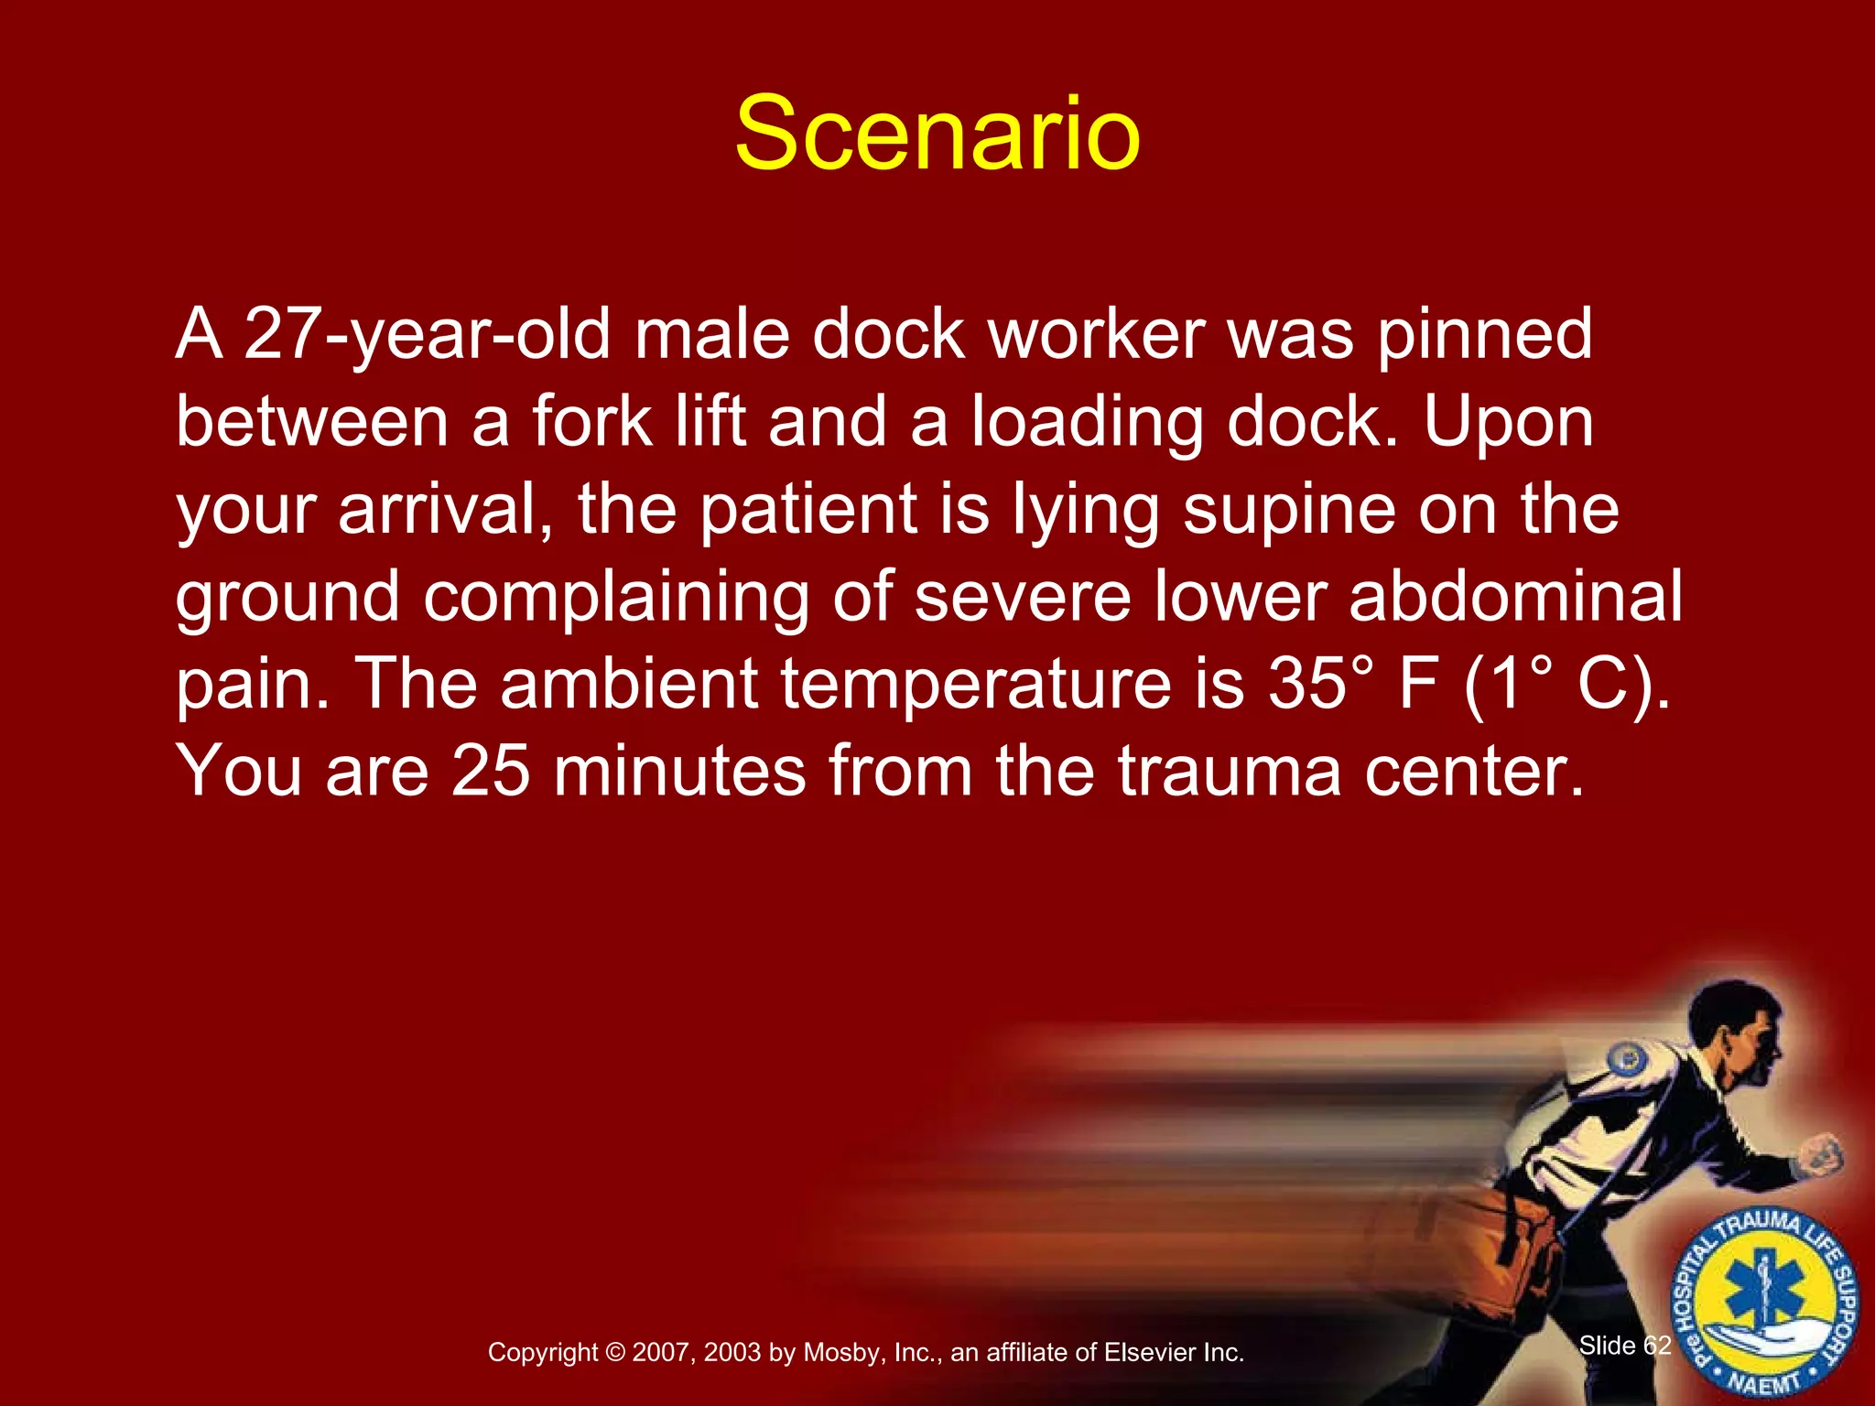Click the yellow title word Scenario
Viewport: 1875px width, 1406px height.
tap(937, 135)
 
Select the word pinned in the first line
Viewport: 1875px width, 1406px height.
tap(1485, 335)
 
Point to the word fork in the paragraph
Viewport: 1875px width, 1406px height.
tap(592, 422)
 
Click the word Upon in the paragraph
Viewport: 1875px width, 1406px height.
tap(1508, 422)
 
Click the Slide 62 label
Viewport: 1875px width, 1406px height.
tap(1625, 1345)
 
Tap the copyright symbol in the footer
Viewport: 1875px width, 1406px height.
tap(615, 1353)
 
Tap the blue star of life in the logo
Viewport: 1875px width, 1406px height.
tap(1762, 1298)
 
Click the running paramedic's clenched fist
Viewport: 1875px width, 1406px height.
tap(1821, 1155)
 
